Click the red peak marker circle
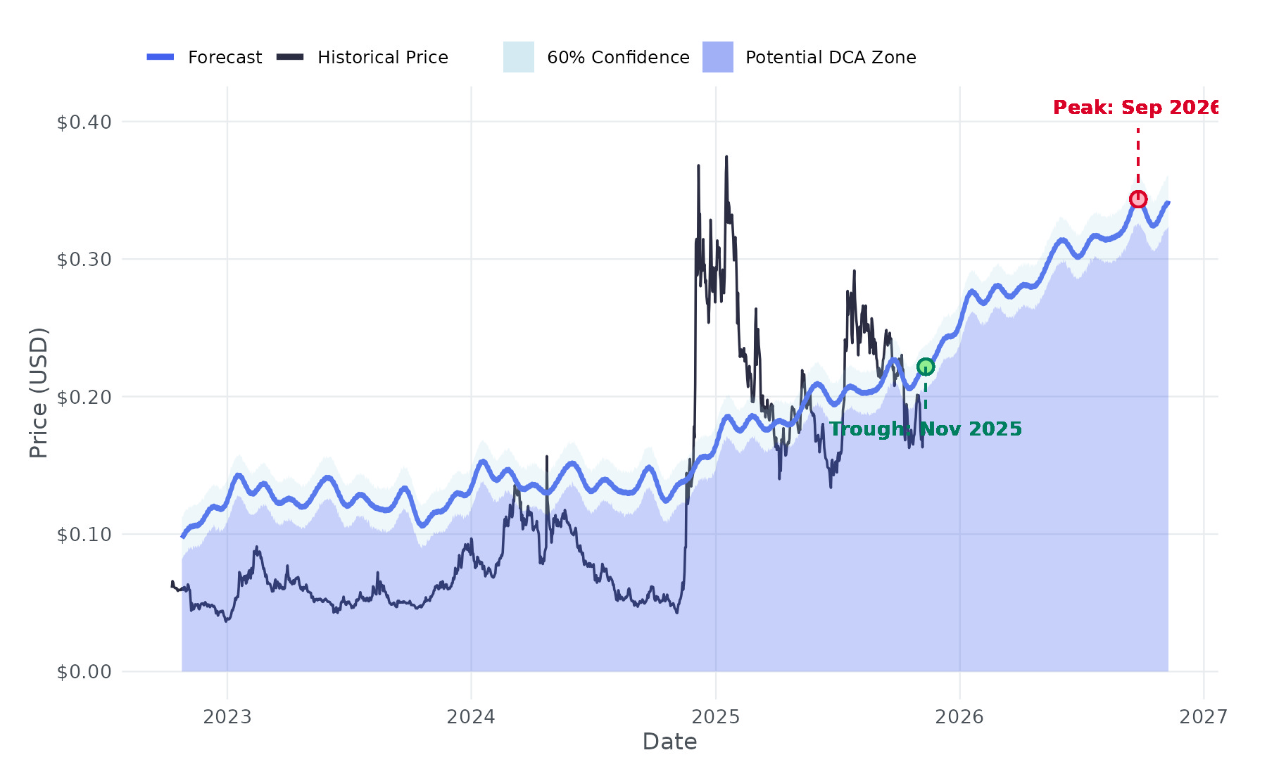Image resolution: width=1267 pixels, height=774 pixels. [x=1137, y=200]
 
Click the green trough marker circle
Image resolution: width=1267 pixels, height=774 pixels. [x=925, y=367]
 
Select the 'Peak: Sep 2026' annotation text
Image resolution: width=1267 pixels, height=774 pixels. [x=1135, y=108]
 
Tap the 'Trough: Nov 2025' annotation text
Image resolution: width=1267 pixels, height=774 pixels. [x=925, y=429]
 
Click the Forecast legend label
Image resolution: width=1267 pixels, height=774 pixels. [x=225, y=58]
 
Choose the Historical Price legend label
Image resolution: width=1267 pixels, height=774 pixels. [x=382, y=58]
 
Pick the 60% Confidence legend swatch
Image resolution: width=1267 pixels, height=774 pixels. [x=518, y=57]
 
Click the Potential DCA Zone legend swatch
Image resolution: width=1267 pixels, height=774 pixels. [x=717, y=57]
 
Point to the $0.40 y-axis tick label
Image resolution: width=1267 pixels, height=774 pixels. [x=84, y=122]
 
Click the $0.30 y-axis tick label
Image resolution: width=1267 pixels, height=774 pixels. [x=84, y=260]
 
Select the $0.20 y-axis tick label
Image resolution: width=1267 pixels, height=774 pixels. [x=84, y=398]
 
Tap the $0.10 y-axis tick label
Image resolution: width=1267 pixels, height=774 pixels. [x=84, y=535]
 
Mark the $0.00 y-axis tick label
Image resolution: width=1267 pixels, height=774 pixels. [x=84, y=672]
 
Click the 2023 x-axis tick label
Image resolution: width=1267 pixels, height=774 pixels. [x=227, y=717]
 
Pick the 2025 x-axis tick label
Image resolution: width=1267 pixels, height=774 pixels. [x=715, y=717]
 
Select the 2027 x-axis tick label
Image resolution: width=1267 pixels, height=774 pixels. [x=1203, y=717]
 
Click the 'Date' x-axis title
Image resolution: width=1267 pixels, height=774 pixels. [x=669, y=742]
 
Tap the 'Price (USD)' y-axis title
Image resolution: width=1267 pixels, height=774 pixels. [x=39, y=393]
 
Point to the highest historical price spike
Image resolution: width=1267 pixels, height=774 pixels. [x=726, y=158]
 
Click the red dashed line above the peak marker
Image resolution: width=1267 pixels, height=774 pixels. [x=1137, y=158]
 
